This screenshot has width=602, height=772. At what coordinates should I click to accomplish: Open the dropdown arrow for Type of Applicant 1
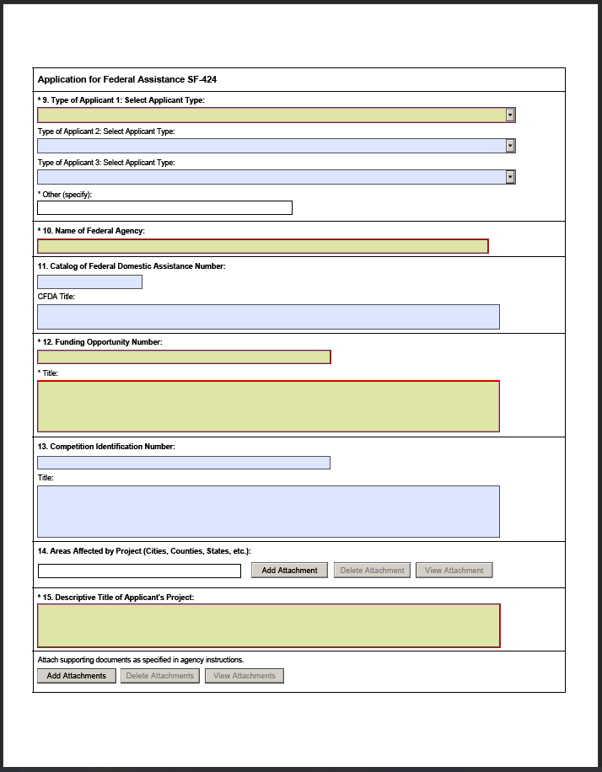(x=510, y=115)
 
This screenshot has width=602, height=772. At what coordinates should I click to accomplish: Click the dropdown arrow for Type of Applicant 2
(x=510, y=146)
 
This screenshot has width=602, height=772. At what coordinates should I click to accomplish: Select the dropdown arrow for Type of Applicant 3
(x=510, y=177)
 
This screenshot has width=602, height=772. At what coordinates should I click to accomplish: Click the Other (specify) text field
(x=164, y=208)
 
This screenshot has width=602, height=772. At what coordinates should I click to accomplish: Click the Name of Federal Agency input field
(x=262, y=246)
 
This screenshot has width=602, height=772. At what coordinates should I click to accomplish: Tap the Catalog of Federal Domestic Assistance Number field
(x=89, y=282)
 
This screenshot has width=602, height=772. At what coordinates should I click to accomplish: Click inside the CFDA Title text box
(x=268, y=317)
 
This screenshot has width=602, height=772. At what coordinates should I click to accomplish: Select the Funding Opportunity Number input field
(x=184, y=357)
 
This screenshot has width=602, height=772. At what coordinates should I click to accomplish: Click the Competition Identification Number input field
(x=184, y=463)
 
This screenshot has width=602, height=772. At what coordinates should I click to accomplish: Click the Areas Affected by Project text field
(x=139, y=571)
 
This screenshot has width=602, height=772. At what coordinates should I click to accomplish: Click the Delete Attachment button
(x=372, y=571)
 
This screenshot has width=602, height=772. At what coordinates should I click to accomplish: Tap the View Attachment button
(x=454, y=571)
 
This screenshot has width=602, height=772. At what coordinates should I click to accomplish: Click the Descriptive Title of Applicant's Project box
(x=268, y=625)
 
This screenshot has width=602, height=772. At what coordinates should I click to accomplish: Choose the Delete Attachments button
(x=160, y=676)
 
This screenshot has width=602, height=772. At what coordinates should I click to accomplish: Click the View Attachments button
(x=245, y=676)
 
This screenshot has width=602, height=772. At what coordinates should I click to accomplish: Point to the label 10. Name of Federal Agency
(x=94, y=230)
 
